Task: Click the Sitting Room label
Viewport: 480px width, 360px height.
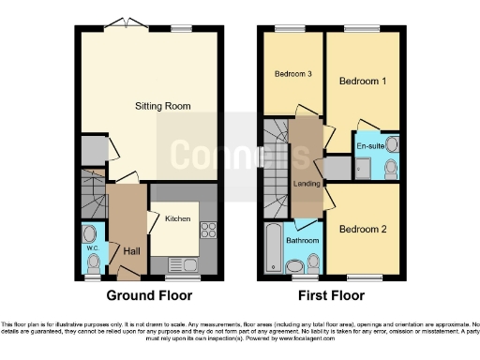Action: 163,107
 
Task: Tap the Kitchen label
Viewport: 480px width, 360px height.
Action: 177,218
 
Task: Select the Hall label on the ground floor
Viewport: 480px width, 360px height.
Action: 130,250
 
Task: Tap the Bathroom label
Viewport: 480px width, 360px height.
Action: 302,241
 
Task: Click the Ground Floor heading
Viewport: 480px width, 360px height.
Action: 149,295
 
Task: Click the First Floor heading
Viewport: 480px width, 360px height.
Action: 332,295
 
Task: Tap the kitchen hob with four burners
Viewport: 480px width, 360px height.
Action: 208,230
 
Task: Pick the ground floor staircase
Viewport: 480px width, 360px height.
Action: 92,197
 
